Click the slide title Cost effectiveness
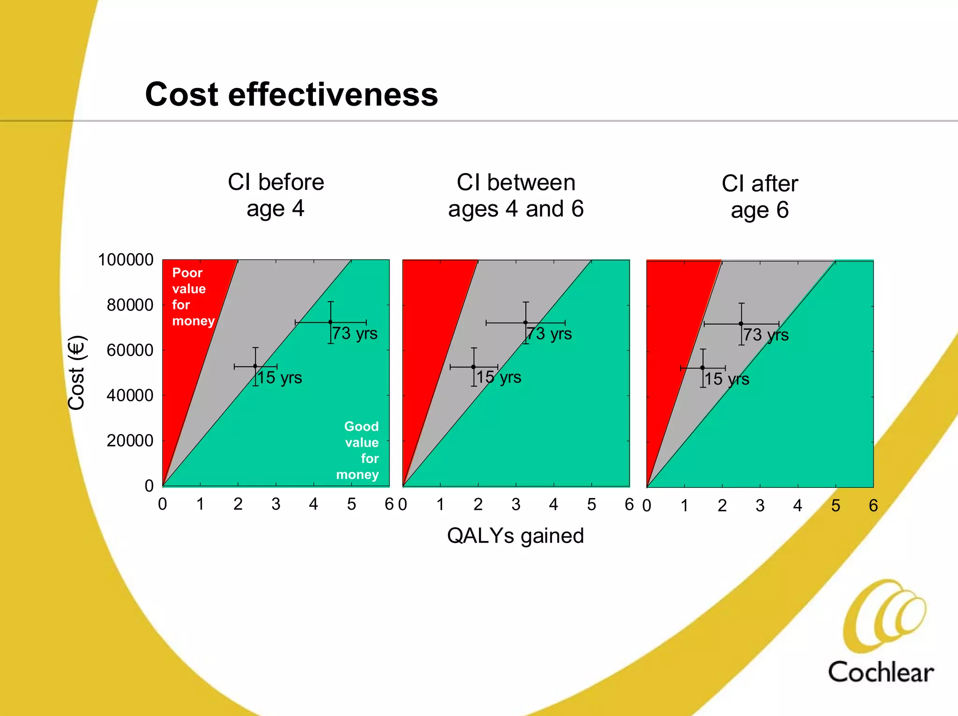coord(291,94)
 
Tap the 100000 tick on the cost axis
coord(125,260)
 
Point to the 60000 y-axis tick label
coord(130,350)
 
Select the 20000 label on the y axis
coord(130,441)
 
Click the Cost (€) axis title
coord(76,373)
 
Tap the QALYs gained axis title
coord(515,536)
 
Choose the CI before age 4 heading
coord(276,195)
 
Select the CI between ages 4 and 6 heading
coord(515,195)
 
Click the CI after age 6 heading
coord(760,196)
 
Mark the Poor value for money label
coord(192,297)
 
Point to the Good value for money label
coord(359,450)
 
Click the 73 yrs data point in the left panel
coord(330,322)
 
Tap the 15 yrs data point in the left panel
coord(255,366)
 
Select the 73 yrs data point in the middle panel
coord(525,323)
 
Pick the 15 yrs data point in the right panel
coord(702,368)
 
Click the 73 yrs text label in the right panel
coord(766,335)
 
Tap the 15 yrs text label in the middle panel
coord(499,377)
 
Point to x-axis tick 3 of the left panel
coord(276,504)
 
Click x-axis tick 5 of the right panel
coord(835,506)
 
